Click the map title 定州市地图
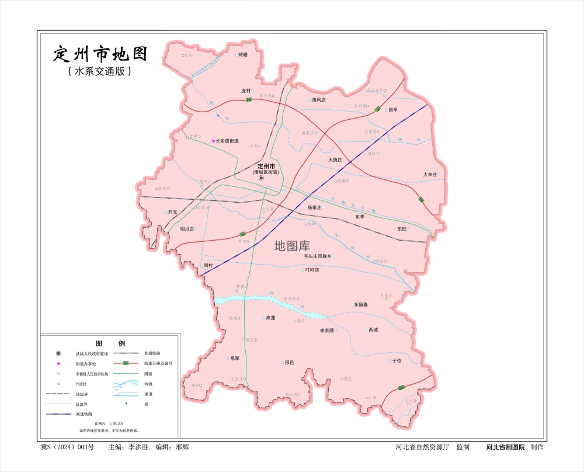[100, 54]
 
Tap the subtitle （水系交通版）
[99, 71]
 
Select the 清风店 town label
[318, 100]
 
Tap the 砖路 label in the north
[243, 54]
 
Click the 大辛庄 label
[430, 175]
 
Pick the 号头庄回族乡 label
[317, 256]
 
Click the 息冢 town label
[235, 358]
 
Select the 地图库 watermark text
[292, 247]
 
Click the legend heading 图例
[110, 343]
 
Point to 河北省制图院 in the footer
[505, 447]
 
